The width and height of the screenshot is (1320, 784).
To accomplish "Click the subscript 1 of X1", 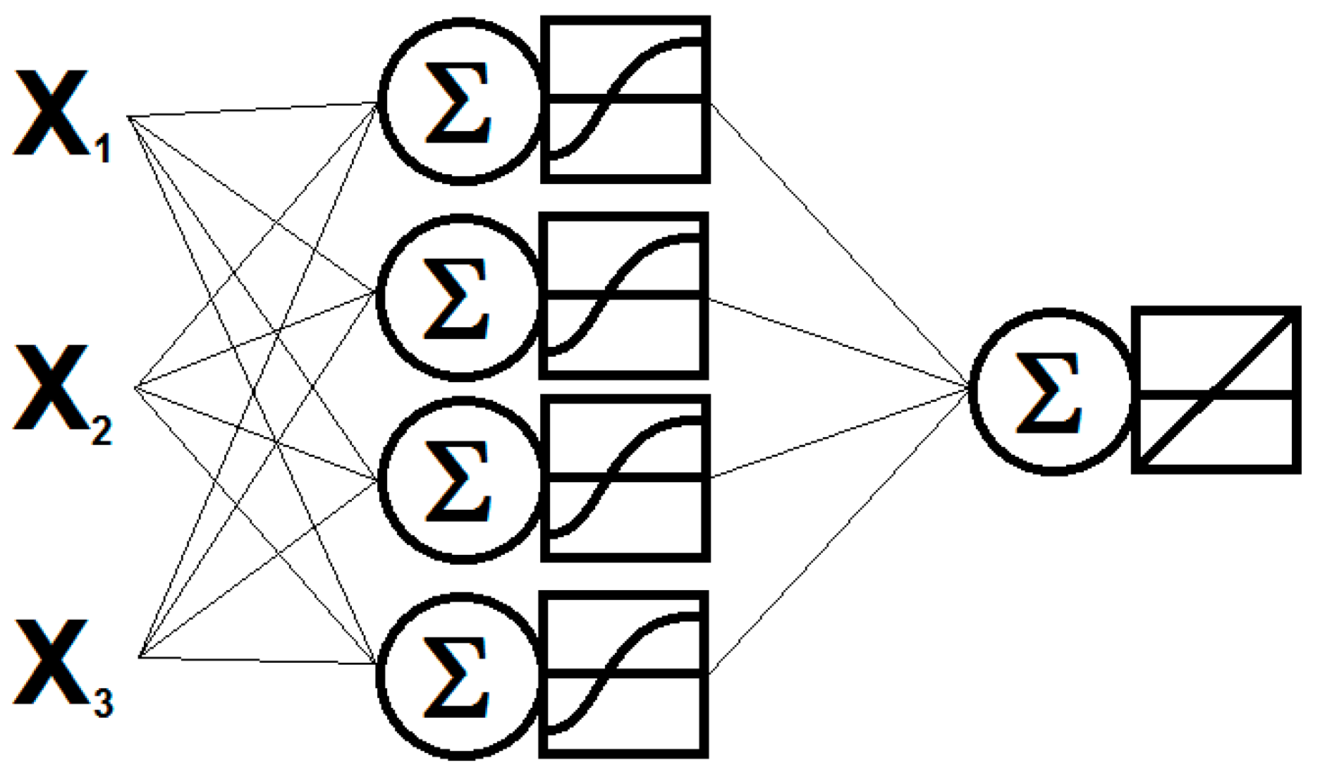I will [103, 149].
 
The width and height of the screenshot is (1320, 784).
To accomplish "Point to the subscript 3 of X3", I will [103, 704].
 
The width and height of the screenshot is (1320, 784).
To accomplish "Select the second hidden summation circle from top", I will [459, 298].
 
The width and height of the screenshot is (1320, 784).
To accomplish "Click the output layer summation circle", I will [1051, 391].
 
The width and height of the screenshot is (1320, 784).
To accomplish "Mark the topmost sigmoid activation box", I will [625, 99].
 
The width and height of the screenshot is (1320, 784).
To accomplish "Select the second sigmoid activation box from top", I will [623, 295].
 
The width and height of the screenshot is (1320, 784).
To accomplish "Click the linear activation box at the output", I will [1216, 390].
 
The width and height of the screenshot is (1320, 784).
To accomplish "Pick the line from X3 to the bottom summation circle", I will [257, 661].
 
